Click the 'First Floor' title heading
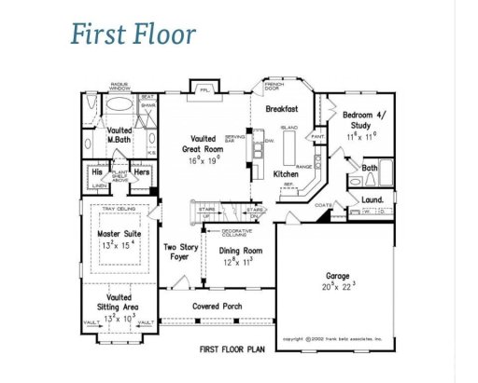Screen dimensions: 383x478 pyautogui.click(x=133, y=34)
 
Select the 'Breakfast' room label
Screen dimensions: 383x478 pyautogui.click(x=281, y=109)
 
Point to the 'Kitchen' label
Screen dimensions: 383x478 pyautogui.click(x=285, y=174)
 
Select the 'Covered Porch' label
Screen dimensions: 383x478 pyautogui.click(x=218, y=306)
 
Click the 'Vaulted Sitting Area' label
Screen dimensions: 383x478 pyautogui.click(x=119, y=301)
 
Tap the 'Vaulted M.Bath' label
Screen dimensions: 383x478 pyautogui.click(x=119, y=136)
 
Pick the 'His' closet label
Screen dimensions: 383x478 pyautogui.click(x=97, y=172)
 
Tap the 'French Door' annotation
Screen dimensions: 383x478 pyautogui.click(x=274, y=86)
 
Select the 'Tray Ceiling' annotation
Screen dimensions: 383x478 pyautogui.click(x=119, y=210)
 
